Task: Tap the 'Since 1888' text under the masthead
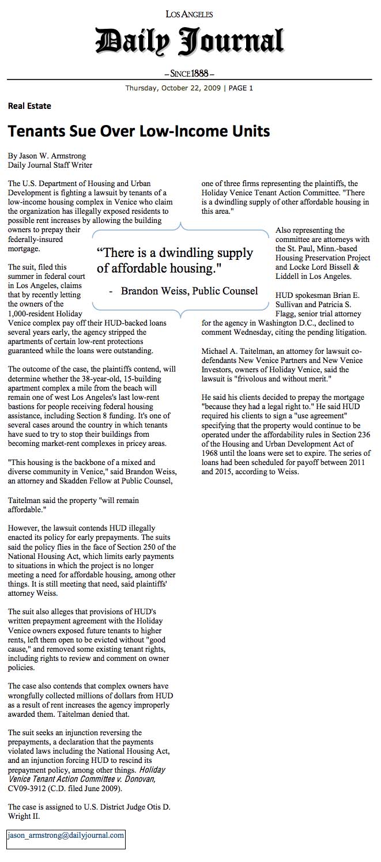pos(190,74)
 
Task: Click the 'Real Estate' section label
pos(29,106)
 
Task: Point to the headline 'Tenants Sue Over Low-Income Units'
pos(139,131)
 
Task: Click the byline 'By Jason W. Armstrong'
pos(47,156)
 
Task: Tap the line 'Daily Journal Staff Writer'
pos(50,165)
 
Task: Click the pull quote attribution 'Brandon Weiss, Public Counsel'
pos(189,291)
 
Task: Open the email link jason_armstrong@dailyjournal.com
pos(66,835)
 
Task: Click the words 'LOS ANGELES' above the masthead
pos(189,14)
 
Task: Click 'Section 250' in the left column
pos(137,547)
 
